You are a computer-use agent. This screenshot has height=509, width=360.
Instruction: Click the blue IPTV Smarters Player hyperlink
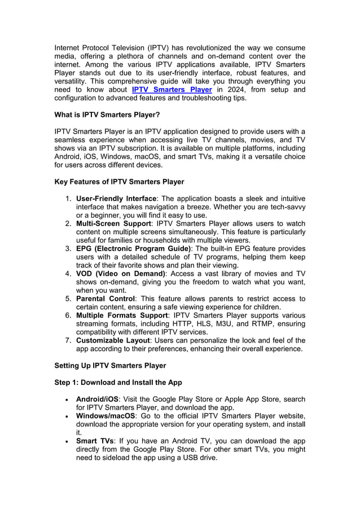pos(172,89)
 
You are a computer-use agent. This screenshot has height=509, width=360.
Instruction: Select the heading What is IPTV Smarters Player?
pos(107,115)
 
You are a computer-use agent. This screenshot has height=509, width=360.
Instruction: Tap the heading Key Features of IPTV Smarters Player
pos(119,182)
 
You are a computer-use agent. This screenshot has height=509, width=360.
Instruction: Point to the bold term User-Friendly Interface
pos(116,199)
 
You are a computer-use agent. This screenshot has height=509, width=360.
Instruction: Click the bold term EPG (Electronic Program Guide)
pos(134,249)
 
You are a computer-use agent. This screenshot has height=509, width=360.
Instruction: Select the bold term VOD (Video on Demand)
pos(120,274)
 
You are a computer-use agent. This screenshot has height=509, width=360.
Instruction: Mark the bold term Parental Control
pos(106,299)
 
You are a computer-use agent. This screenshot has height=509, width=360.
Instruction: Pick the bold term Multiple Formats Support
pos(122,315)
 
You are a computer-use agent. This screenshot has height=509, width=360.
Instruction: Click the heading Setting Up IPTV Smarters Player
pos(110,366)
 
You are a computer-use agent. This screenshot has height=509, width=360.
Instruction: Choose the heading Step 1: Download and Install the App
pos(118,383)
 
